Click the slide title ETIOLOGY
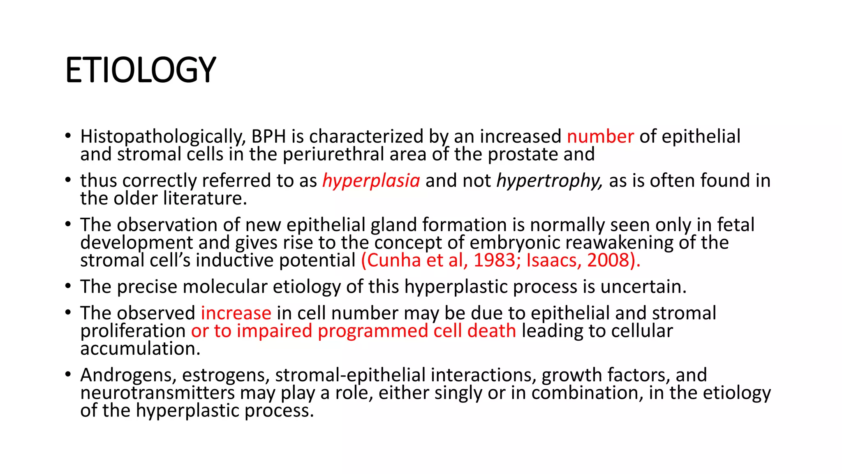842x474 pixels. point(140,70)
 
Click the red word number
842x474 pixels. point(600,137)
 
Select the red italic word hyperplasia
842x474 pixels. point(371,181)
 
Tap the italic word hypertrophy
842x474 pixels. point(549,181)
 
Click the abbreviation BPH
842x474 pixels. point(268,137)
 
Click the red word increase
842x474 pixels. point(236,314)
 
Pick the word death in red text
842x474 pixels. point(491,331)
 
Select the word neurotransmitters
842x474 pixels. point(157,393)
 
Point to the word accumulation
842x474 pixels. point(140,349)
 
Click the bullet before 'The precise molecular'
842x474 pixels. point(68,286)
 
